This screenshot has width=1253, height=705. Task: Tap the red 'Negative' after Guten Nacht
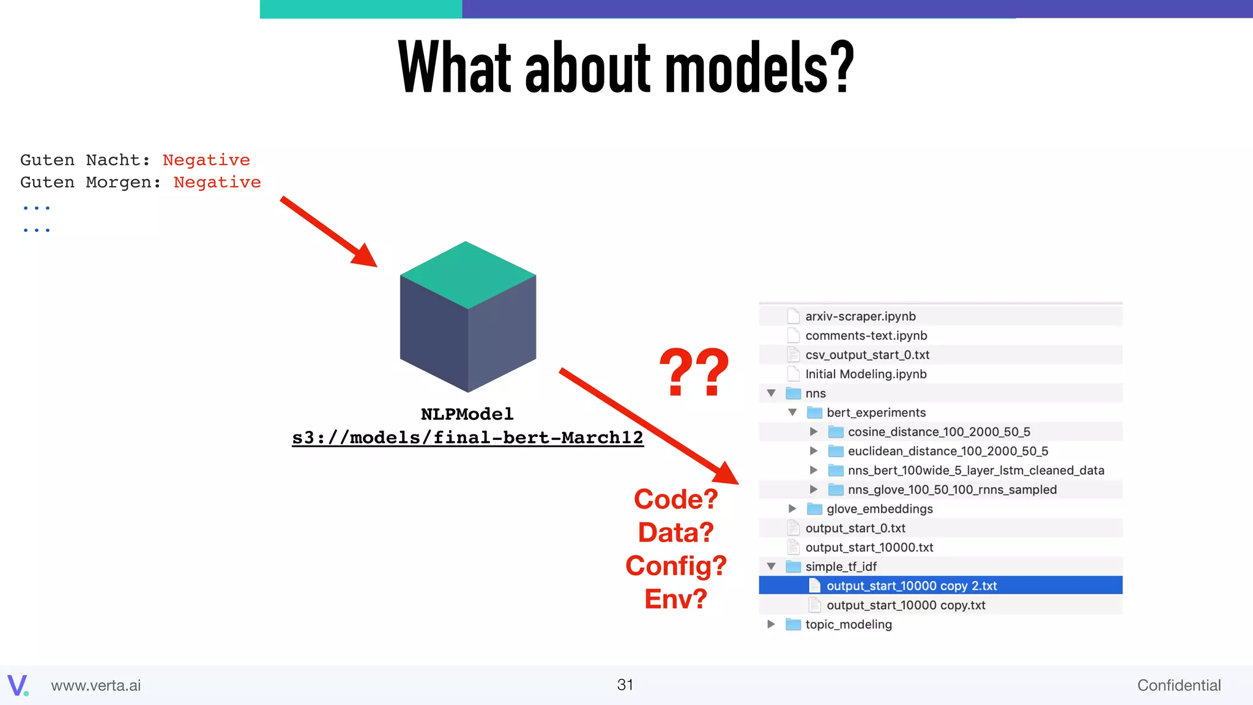tap(206, 160)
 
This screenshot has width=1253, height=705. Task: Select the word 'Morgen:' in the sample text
tap(123, 182)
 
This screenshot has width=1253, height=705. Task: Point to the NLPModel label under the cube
tap(467, 414)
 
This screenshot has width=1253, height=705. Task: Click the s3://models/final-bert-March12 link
tap(467, 438)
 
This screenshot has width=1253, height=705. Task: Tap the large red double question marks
tap(694, 371)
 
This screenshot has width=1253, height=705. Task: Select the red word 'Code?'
tap(675, 499)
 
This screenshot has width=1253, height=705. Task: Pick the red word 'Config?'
tap(675, 566)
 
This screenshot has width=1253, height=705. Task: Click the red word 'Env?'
tap(675, 599)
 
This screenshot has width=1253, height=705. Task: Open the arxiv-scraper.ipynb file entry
tap(860, 316)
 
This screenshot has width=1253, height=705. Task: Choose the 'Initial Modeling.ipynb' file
tap(866, 374)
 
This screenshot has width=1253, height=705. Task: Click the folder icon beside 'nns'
tap(794, 393)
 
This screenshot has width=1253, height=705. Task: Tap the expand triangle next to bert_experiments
tap(792, 412)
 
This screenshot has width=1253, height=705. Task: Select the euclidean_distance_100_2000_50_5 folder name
tap(948, 451)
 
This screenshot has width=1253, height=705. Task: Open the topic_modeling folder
tap(848, 624)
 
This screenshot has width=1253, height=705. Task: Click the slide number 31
tap(625, 685)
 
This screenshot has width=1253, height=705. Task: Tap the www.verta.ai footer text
tap(95, 685)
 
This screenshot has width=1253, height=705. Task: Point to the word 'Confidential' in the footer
tap(1178, 685)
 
